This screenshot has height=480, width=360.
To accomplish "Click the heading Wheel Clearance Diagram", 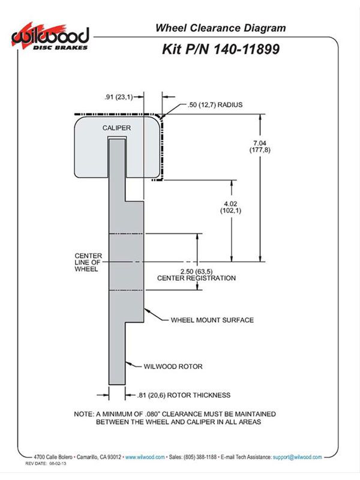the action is (x=221, y=28).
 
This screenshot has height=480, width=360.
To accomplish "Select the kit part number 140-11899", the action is (x=246, y=49).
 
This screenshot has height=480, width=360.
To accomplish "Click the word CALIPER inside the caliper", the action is (x=116, y=128).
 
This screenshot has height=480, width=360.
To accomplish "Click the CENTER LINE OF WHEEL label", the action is (x=88, y=262).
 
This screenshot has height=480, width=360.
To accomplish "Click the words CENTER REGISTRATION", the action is (x=197, y=278).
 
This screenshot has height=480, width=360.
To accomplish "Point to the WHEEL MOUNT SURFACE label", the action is (x=212, y=320).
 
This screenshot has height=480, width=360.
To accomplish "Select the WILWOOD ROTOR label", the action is (x=173, y=367).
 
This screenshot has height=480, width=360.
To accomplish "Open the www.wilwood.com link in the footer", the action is (x=145, y=457).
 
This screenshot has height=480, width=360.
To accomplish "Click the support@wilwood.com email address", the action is (x=297, y=457).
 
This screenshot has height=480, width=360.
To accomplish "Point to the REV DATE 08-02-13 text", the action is (x=46, y=463).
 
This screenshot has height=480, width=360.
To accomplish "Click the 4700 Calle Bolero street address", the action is (x=53, y=457).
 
